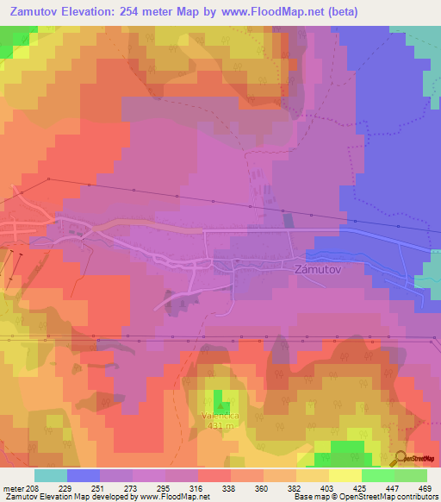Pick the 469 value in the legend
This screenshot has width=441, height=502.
425,487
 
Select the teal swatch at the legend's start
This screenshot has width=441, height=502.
51,475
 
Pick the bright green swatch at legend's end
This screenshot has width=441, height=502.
410,475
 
